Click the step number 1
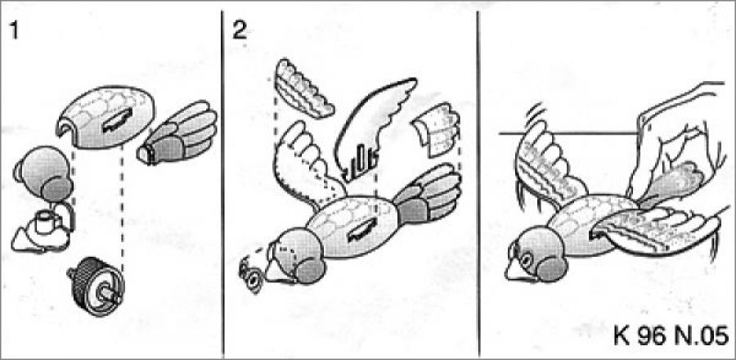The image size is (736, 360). coord(14,31)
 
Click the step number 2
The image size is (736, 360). coord(240,31)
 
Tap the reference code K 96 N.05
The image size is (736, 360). coord(671,336)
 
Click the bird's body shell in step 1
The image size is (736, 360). coord(103,117)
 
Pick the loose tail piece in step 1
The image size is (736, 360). coord(177,133)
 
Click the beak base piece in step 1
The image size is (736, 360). coord(43,228)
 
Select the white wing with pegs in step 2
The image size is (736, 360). coord(374,129)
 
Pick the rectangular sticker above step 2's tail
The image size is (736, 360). coord(436,130)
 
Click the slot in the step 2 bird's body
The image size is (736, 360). coord(362,231)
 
